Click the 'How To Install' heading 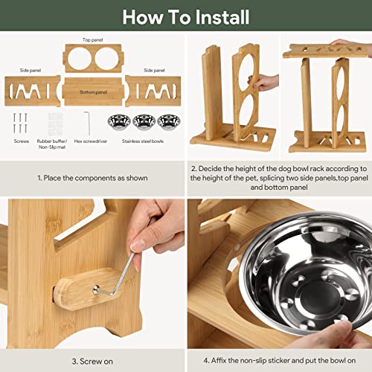(x=186, y=17)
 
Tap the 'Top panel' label (x=92, y=39)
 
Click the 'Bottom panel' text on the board (x=93, y=92)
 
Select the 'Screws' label (x=22, y=141)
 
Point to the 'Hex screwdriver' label (x=91, y=141)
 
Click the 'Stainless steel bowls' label (x=143, y=141)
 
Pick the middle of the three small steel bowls (x=144, y=122)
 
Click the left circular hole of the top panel (x=80, y=59)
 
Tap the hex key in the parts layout (x=87, y=123)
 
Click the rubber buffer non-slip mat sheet (x=55, y=124)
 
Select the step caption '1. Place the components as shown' (x=92, y=178)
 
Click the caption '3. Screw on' (x=92, y=362)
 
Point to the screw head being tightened (x=96, y=289)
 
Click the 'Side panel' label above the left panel (x=31, y=71)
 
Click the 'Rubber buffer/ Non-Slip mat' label (x=52, y=144)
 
